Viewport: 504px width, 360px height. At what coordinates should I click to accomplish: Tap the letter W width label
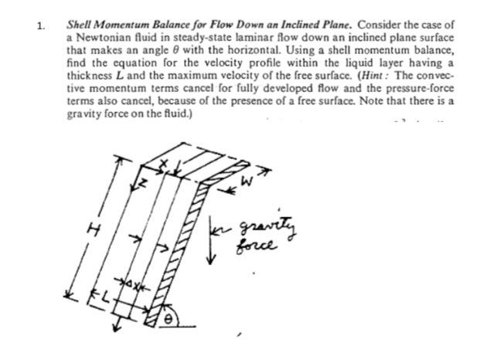pyautogui.click(x=246, y=184)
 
